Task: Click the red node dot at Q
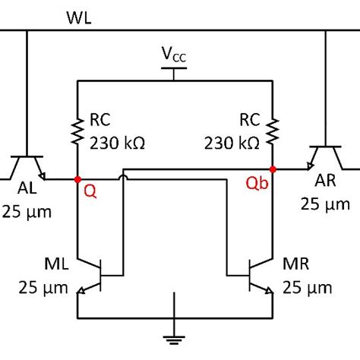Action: pyautogui.click(x=77, y=179)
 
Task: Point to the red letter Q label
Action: pyautogui.click(x=90, y=193)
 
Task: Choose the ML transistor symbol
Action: pyautogui.click(x=95, y=276)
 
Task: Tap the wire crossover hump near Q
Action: pyautogui.click(x=122, y=178)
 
